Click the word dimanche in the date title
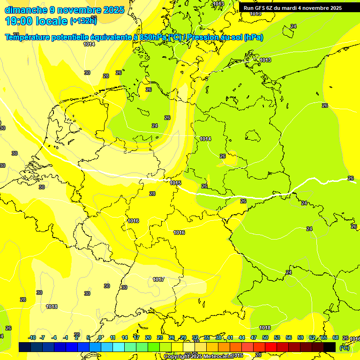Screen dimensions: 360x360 coord(25,10)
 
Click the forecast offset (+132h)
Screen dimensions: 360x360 coord(83,21)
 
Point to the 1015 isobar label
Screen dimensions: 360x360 coord(176,183)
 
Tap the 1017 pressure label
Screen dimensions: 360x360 coord(158,279)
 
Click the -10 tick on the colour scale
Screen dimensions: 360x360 coord(32,337)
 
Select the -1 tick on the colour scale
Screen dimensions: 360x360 coord(66,337)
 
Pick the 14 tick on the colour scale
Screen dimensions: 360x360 coord(125,337)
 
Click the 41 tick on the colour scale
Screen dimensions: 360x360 coord(230,337)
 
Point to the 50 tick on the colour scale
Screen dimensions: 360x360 coord(265,337)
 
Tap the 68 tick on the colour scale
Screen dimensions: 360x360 coord(336,337)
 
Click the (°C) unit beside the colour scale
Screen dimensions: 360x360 coord(344,348)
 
